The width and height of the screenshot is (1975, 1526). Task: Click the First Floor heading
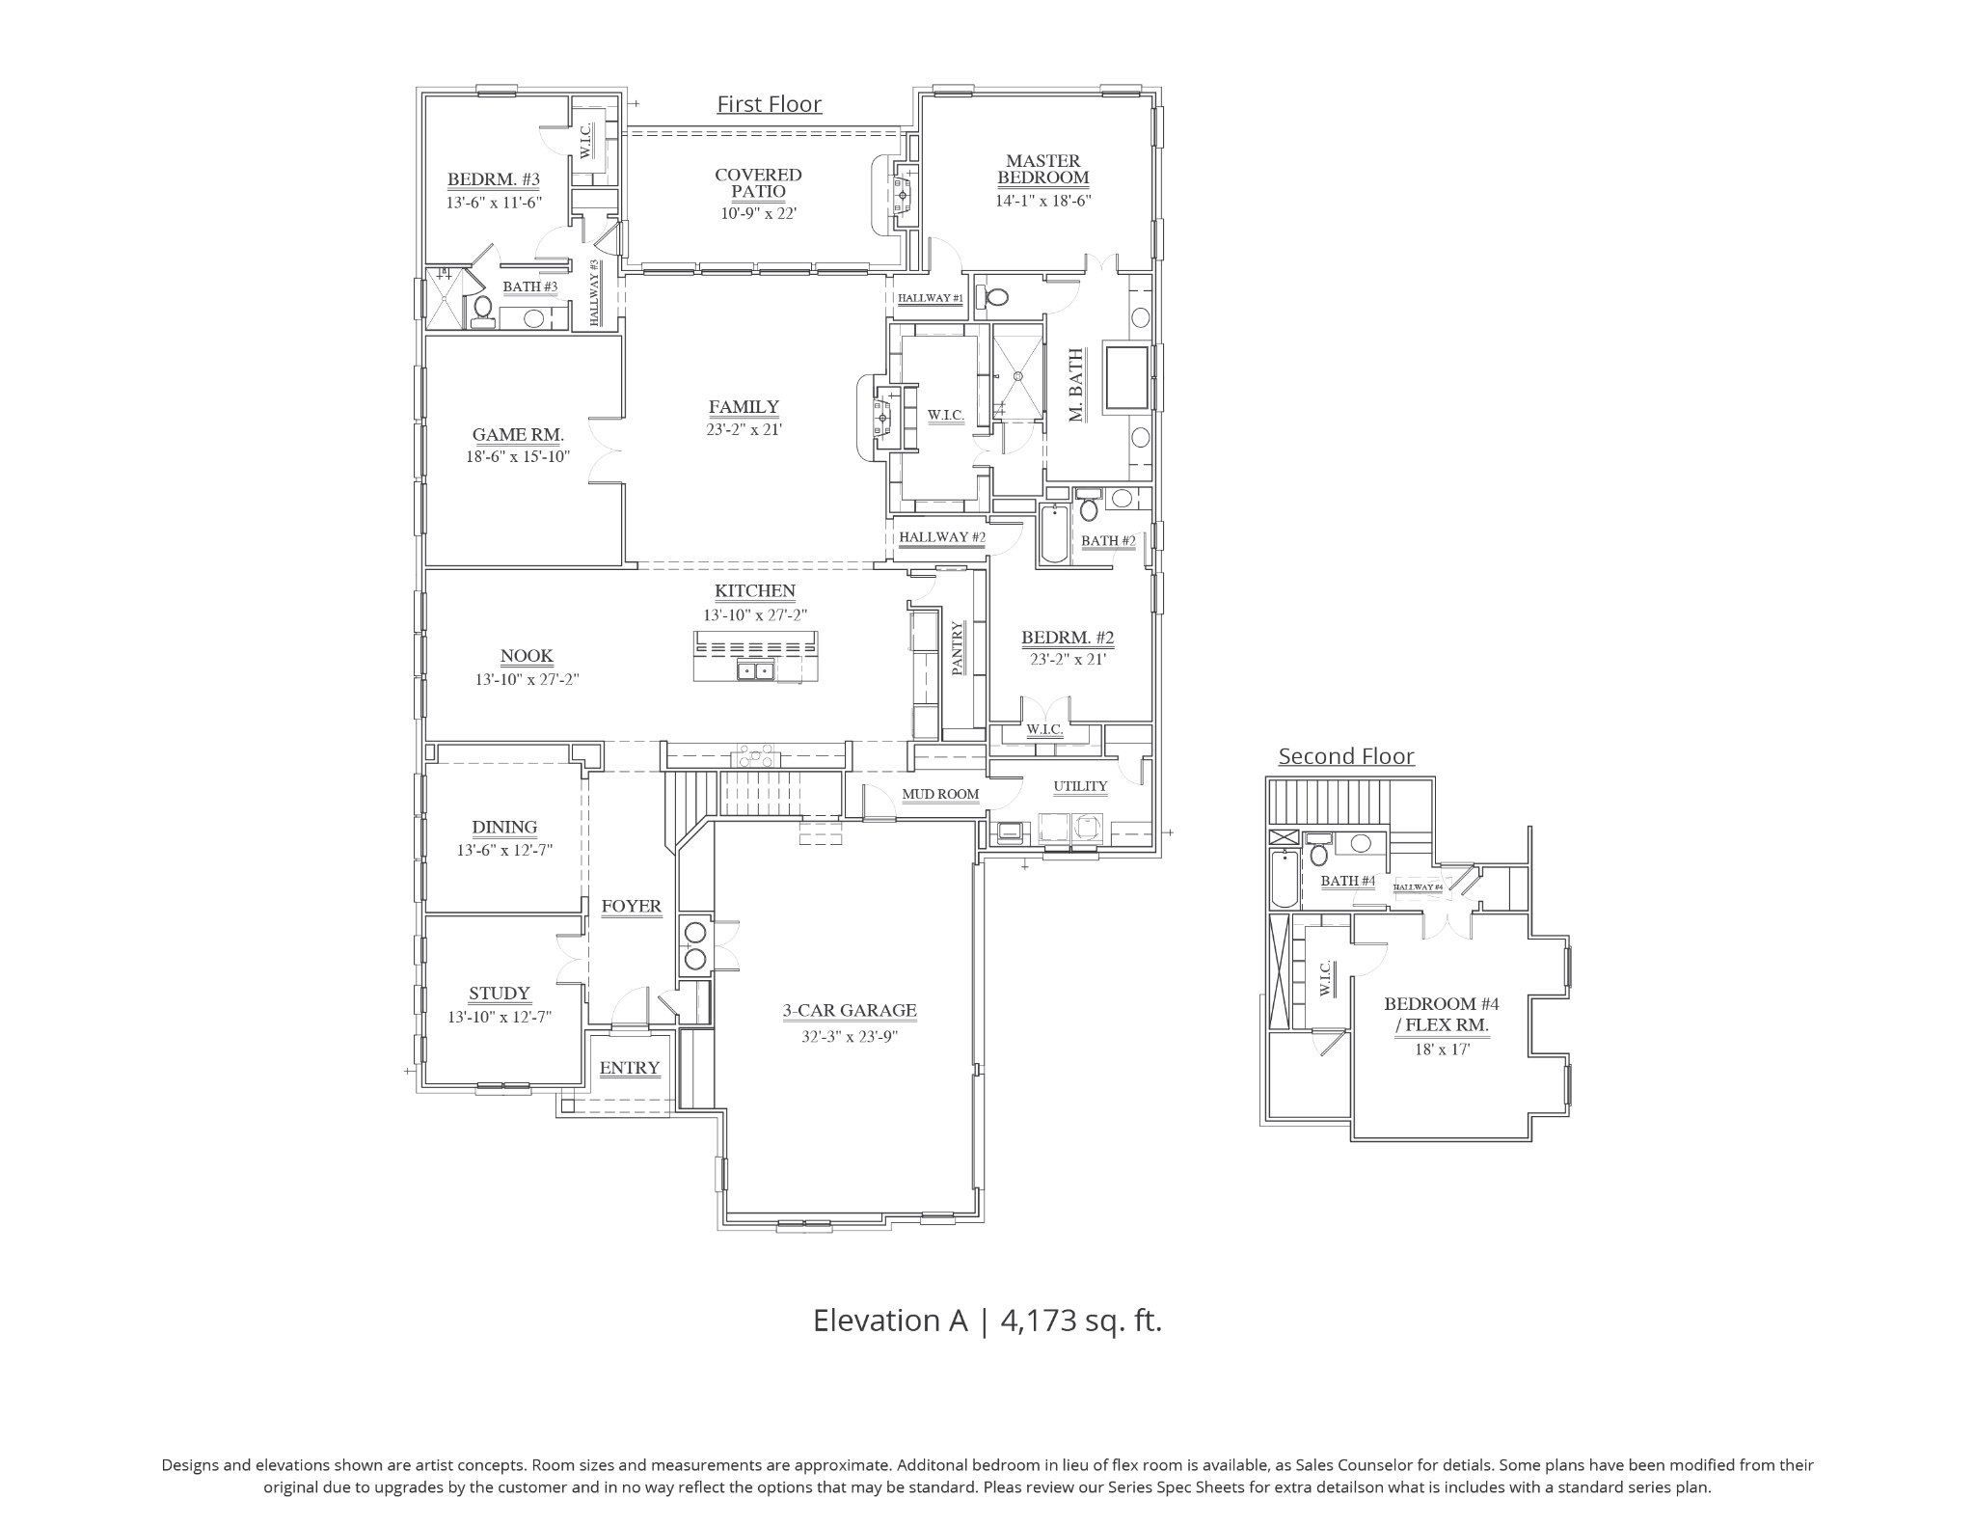tap(769, 104)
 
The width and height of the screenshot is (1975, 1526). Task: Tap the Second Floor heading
tap(1346, 756)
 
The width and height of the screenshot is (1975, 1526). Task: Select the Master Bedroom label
tap(1043, 169)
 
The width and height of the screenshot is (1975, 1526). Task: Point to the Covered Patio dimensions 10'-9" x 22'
tap(758, 213)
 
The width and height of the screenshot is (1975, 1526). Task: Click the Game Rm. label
tap(518, 435)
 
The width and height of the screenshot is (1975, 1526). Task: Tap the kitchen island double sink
tap(754, 670)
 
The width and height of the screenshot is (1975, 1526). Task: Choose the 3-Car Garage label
tap(850, 1011)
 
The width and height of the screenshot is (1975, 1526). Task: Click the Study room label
tap(500, 994)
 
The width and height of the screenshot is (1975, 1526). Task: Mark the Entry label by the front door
tap(630, 1068)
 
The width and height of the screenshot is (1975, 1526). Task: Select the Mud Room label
tap(940, 795)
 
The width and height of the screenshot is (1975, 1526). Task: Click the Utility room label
tap(1080, 786)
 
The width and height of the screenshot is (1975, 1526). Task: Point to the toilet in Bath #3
tap(483, 312)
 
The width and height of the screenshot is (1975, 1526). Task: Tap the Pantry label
tap(959, 648)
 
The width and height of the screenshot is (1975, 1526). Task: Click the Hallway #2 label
tap(942, 537)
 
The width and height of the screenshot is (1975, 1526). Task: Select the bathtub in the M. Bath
tap(1126, 378)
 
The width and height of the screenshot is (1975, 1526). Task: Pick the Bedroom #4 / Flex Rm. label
tap(1442, 1014)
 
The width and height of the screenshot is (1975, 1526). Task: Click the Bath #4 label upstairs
tap(1347, 881)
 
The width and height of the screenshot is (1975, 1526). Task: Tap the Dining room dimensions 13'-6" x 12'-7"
tap(504, 851)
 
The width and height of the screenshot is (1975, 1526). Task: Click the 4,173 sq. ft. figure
tap(1081, 1321)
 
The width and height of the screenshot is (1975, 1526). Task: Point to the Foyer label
tap(632, 907)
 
